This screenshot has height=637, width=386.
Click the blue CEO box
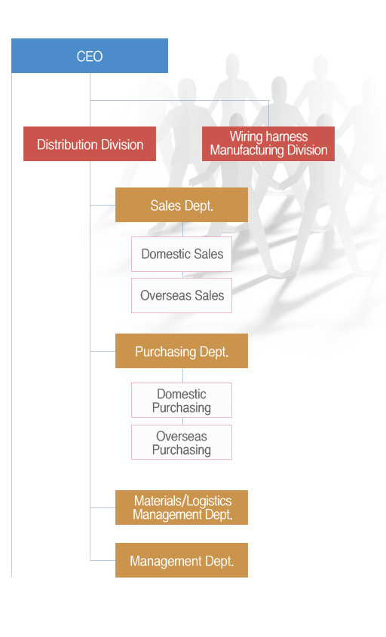click(x=90, y=56)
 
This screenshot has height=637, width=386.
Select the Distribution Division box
click(x=90, y=144)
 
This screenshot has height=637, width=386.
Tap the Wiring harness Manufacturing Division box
click(x=268, y=144)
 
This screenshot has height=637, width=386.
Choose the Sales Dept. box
click(x=182, y=205)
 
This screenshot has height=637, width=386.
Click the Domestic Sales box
click(x=182, y=254)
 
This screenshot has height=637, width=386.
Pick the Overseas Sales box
click(x=182, y=295)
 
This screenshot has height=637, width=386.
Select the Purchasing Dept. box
click(x=182, y=351)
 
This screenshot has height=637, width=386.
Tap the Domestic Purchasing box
click(x=182, y=400)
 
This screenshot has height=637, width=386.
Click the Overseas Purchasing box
click(x=182, y=443)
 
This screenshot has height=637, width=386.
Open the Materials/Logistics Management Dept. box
click(x=182, y=507)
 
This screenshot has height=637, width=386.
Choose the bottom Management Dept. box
click(x=182, y=560)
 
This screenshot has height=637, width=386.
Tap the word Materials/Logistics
click(x=182, y=501)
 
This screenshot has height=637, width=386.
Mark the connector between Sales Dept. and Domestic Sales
click(x=182, y=230)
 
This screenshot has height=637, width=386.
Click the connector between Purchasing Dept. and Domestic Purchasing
click(x=182, y=376)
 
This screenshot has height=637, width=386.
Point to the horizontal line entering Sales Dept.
click(x=103, y=205)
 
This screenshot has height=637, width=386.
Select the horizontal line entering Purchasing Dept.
click(x=103, y=351)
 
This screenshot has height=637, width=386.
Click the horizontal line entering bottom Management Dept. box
click(x=103, y=561)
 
